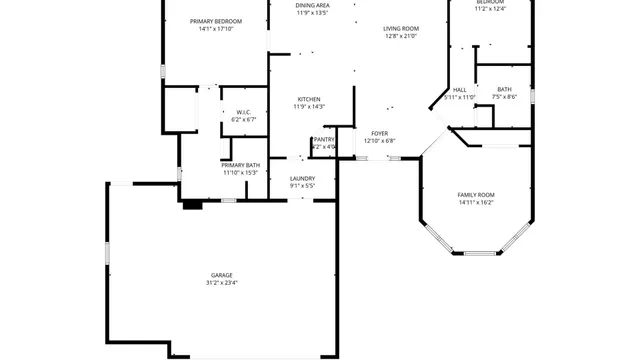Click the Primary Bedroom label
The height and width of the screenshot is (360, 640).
coord(216,20)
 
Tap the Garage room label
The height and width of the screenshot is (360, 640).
coord(222,274)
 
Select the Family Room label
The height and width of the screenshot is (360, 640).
coord(476,194)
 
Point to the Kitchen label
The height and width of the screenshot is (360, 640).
coord(308,99)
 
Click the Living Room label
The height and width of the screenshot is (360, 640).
coord(400,29)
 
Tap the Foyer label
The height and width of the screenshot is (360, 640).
coord(379,133)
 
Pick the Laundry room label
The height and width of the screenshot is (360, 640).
coord(302,178)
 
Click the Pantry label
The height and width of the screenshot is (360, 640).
coord(324,140)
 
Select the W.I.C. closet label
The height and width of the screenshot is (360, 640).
coord(243,112)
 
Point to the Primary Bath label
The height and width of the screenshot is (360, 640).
coord(240,165)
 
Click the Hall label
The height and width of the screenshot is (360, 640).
coord(460,89)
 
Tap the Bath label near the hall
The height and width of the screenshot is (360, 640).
coord(505,89)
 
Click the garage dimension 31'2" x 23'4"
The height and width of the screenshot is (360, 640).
coord(222,282)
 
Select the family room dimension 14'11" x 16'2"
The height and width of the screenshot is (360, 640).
coord(476,202)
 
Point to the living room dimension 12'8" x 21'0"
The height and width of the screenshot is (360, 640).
coord(400,37)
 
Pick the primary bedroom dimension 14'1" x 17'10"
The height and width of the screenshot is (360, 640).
coord(216,28)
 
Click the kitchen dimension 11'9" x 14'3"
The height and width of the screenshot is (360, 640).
coord(308,107)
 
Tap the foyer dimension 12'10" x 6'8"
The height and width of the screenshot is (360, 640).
coord(379,141)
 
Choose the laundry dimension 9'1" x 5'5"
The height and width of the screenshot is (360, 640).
coord(302,186)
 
